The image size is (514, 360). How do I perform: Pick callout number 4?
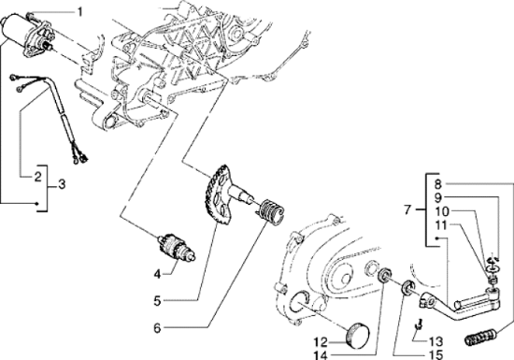tap(158, 274)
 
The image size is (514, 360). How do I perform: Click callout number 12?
tap(321, 340)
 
